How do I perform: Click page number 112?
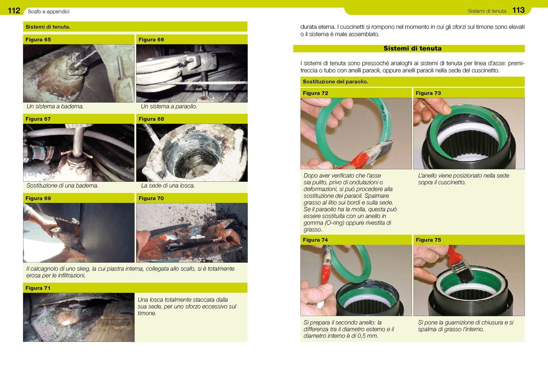(x=14, y=11)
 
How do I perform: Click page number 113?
(x=518, y=10)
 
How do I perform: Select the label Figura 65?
(x=38, y=40)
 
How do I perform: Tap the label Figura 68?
(x=151, y=119)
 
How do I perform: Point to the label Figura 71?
(x=38, y=288)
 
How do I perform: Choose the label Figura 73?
(x=428, y=93)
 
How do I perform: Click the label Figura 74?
(x=315, y=240)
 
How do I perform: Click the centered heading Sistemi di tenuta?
(x=413, y=48)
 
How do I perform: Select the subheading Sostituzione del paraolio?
(x=335, y=82)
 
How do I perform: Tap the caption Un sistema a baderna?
(x=55, y=106)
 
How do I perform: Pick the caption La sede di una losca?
(x=168, y=186)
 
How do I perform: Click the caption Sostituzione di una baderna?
(x=62, y=186)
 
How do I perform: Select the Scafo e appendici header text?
(x=49, y=12)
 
